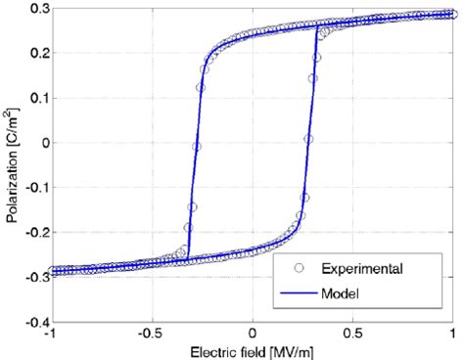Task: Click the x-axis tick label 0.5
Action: (x=353, y=333)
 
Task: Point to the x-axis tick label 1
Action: (x=454, y=333)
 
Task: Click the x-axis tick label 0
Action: (x=253, y=333)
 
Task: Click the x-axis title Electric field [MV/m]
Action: (x=253, y=350)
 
